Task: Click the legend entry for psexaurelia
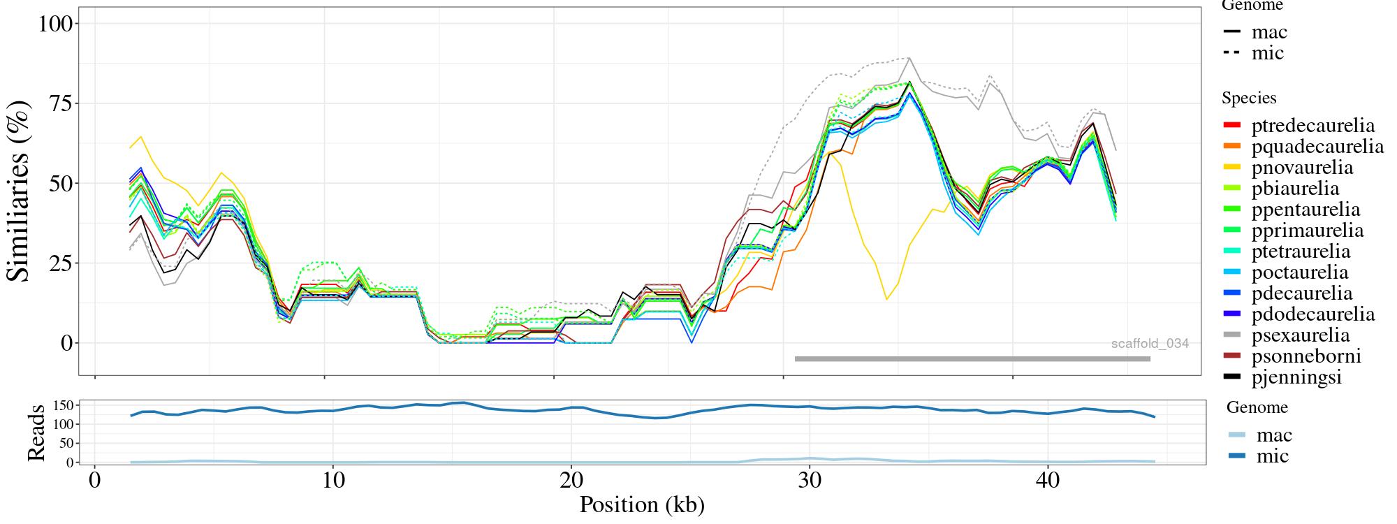pyautogui.click(x=1300, y=335)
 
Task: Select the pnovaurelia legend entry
pyautogui.click(x=1301, y=168)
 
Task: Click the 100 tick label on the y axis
pyautogui.click(x=55, y=24)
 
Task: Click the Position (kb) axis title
pyautogui.click(x=641, y=504)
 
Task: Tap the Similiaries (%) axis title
pyautogui.click(x=20, y=190)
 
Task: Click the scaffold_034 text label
pyautogui.click(x=1150, y=344)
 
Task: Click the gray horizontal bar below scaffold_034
pyautogui.click(x=972, y=359)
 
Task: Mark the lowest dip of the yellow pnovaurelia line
pyautogui.click(x=886, y=300)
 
